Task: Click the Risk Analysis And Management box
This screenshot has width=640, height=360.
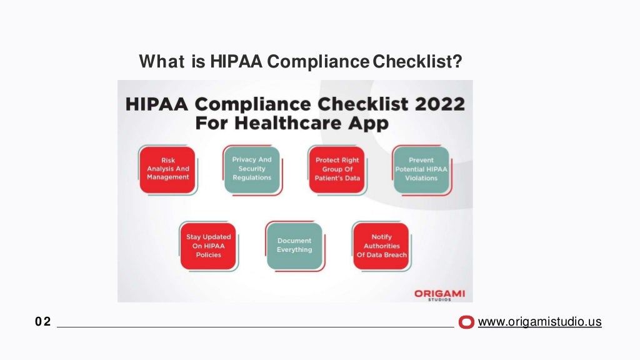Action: pos(167,169)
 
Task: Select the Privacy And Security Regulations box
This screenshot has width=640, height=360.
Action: pos(252,169)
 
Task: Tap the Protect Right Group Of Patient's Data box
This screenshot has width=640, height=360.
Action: pos(337,169)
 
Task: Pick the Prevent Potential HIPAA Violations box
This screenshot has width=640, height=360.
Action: pos(421,169)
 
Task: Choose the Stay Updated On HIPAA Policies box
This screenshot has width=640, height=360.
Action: pos(208,246)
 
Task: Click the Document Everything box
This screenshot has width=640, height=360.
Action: pos(294,246)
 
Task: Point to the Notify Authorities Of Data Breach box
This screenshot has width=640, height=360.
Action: pos(381,246)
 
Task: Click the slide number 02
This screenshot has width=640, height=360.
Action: pos(43,322)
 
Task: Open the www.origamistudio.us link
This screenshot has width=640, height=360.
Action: pos(539,322)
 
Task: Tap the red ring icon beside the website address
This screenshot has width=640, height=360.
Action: pos(466,322)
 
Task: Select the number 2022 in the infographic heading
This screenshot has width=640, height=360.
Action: pos(437,104)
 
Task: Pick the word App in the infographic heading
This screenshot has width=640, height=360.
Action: pos(369,122)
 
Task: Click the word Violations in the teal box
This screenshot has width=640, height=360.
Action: pos(421,178)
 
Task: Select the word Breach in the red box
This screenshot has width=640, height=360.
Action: pos(396,255)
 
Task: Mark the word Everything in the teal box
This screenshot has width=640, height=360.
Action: pos(294,250)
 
